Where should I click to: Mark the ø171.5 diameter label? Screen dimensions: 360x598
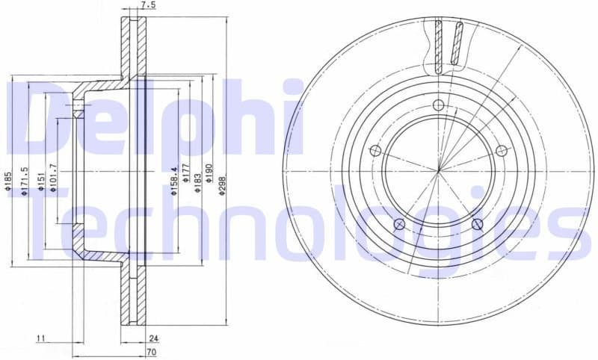tap(25, 181)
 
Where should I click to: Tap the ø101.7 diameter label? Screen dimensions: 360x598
tap(53, 178)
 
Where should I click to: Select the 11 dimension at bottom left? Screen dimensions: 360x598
tap(40, 340)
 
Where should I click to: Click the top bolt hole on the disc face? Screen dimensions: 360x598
tap(439, 104)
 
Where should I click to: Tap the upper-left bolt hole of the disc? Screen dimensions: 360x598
tap(375, 150)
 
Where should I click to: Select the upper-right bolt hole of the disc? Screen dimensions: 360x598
tap(502, 151)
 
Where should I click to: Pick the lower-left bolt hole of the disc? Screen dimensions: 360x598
tap(399, 224)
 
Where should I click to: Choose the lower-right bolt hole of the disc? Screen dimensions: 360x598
tap(478, 224)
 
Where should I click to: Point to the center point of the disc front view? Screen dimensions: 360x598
tap(439, 170)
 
